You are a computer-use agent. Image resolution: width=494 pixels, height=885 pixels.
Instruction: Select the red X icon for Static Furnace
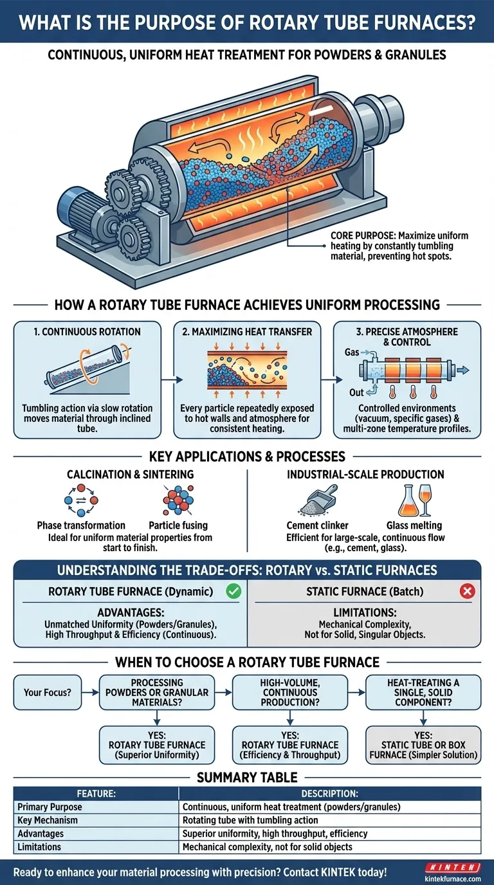click(467, 592)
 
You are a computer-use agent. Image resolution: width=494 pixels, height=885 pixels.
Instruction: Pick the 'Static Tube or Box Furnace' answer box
click(423, 745)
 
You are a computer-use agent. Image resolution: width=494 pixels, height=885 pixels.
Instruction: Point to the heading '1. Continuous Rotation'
click(88, 332)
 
